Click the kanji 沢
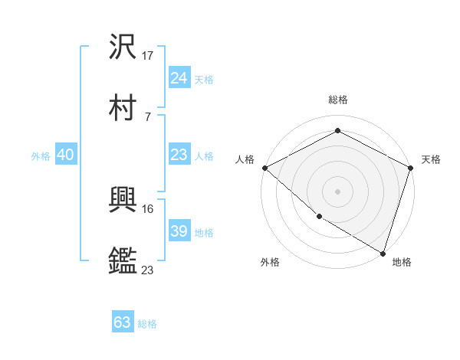pos(123,47)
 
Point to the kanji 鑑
pos(123,260)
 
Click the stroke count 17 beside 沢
pos(149,56)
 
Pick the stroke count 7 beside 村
pos(147,116)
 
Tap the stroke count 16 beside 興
pos(148,208)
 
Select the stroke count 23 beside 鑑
pos(148,270)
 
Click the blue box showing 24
pos(179,77)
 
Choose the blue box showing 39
pos(179,231)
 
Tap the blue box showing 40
pos(66,155)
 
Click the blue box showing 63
pos(123,322)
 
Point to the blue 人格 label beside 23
pos(204,156)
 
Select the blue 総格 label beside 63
pos(148,324)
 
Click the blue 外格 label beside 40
pos(41,156)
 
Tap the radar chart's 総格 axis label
pos(338,100)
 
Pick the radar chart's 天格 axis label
pos(431,159)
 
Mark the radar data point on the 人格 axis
pos(264,168)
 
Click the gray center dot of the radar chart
pos(338,191)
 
